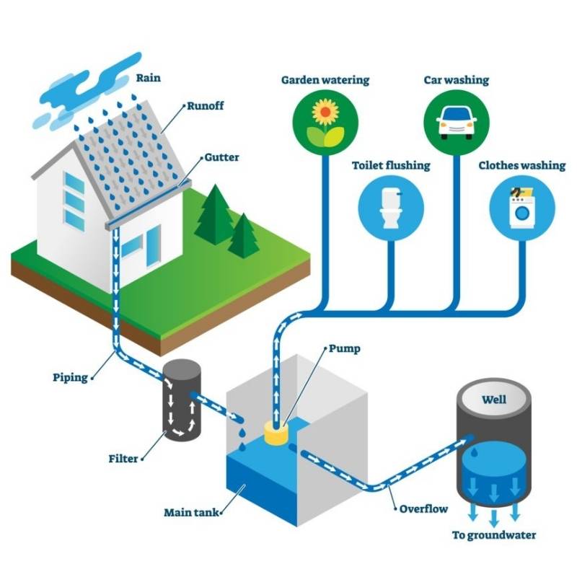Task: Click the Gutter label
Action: (221, 157)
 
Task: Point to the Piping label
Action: (70, 377)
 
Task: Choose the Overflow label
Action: (423, 509)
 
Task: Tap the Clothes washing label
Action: (521, 165)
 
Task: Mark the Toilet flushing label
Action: (390, 165)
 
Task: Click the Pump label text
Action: (344, 349)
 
